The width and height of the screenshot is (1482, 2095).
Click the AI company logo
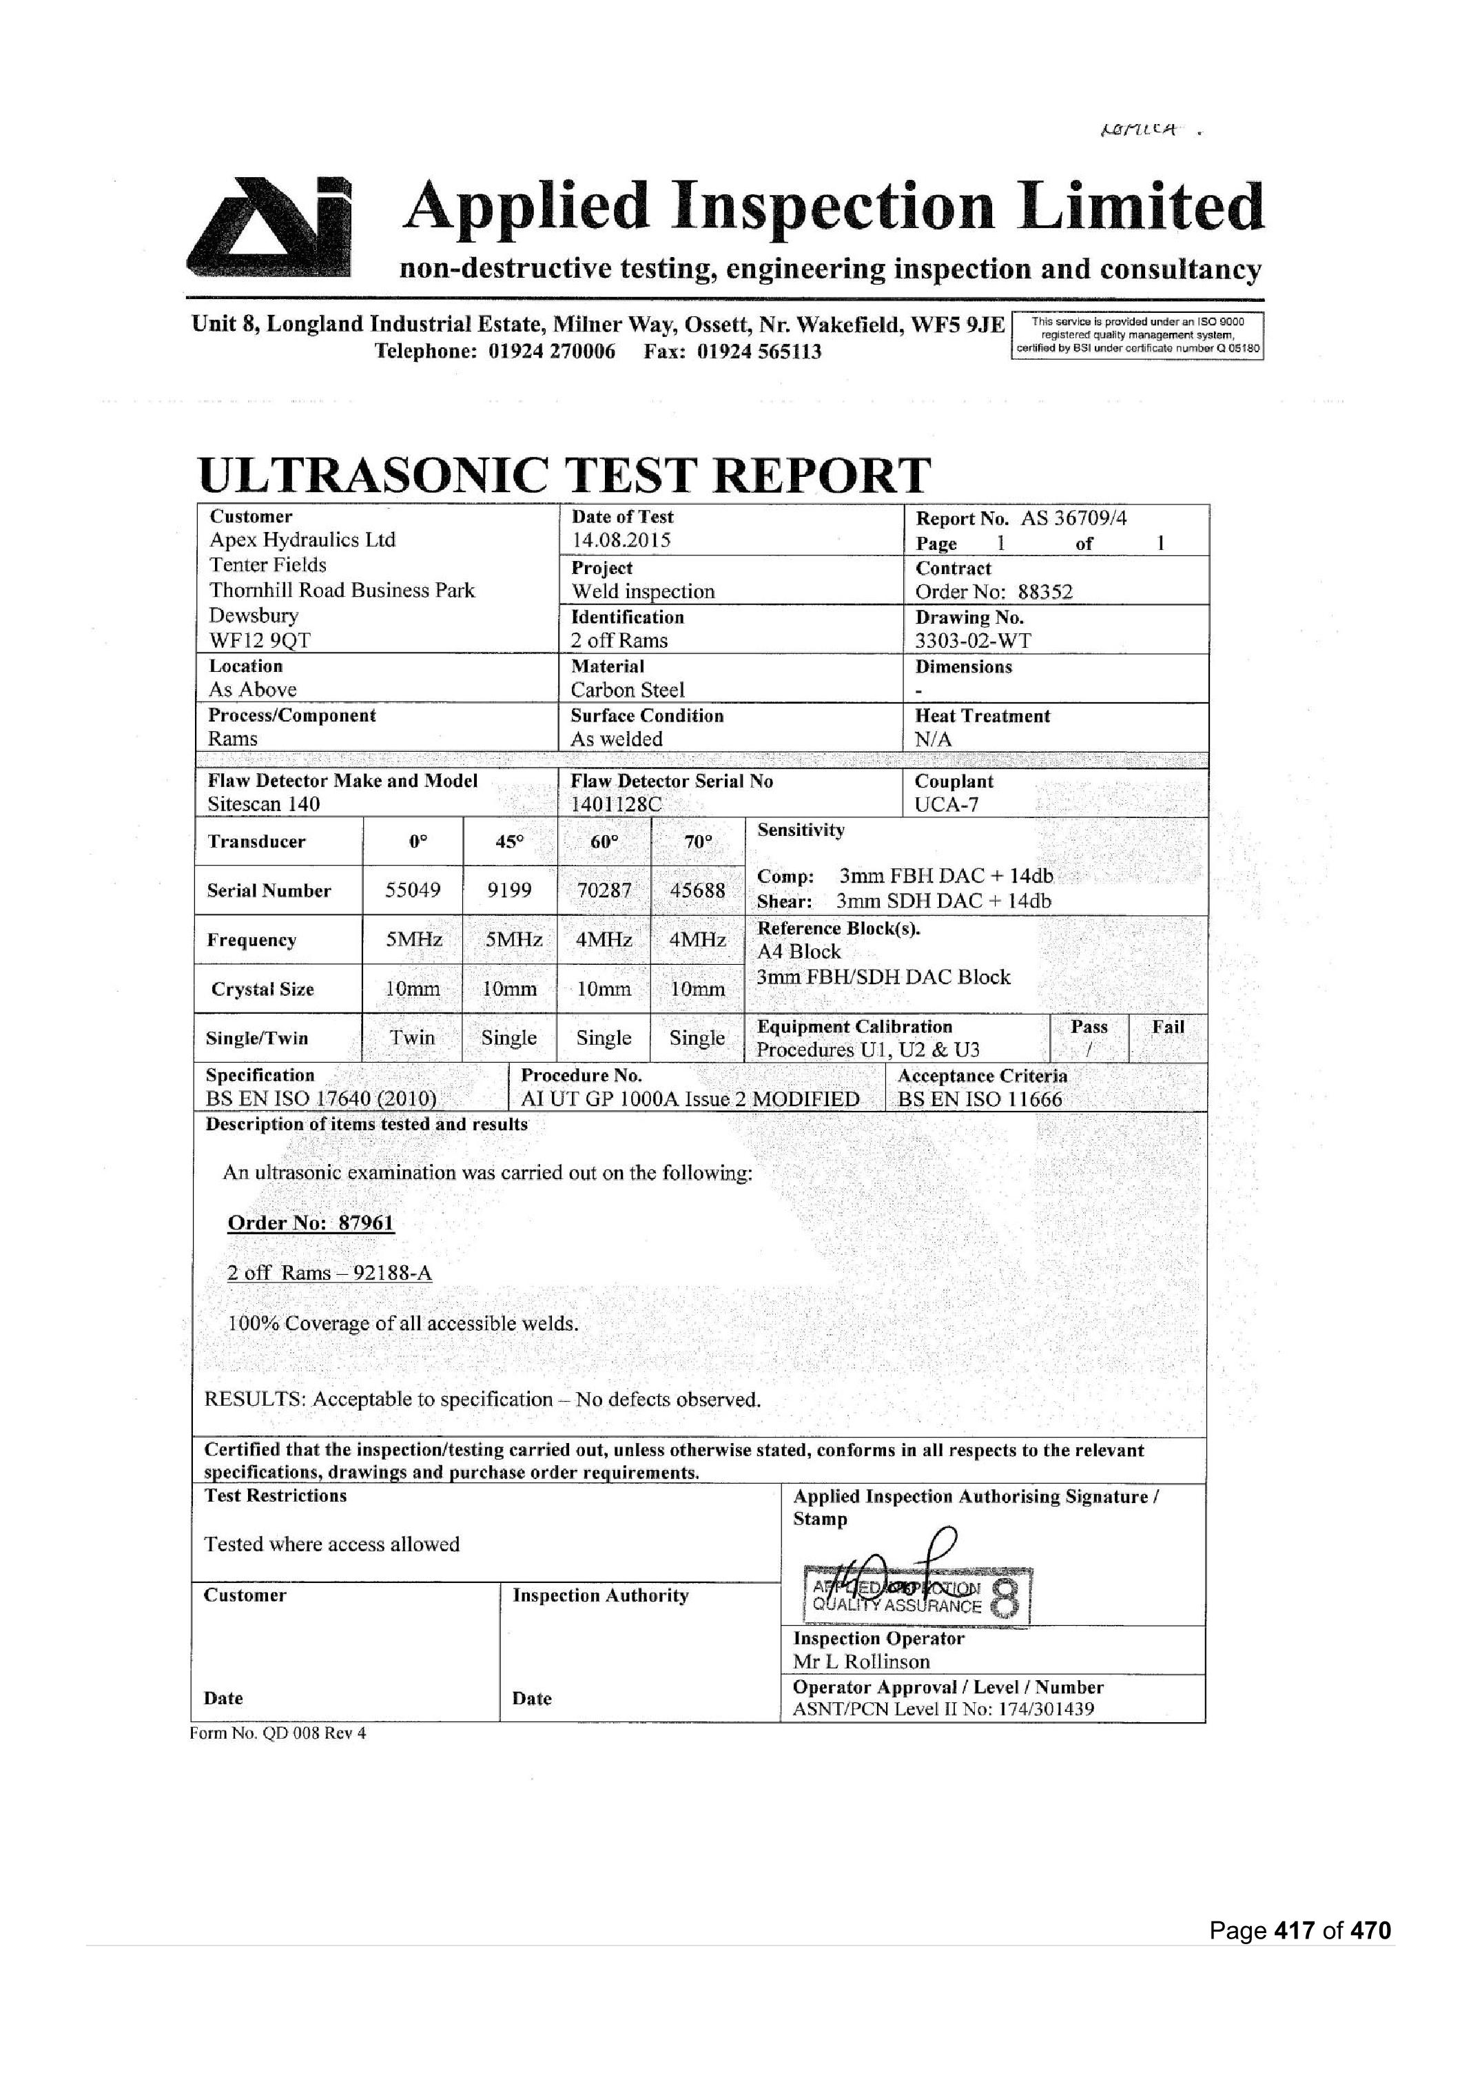pyautogui.click(x=270, y=227)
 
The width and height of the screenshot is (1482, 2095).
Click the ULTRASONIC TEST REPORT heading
pyautogui.click(x=564, y=476)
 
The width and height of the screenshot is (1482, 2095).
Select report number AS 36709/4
pyautogui.click(x=1073, y=518)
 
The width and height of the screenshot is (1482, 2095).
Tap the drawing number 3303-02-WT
pyautogui.click(x=973, y=641)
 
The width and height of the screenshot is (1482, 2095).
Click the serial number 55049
pyautogui.click(x=413, y=890)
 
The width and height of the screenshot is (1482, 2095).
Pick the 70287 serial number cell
pyautogui.click(x=604, y=890)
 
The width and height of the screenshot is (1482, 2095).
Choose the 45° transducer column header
pyautogui.click(x=509, y=841)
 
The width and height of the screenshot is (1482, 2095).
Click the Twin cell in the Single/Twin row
pyautogui.click(x=413, y=1038)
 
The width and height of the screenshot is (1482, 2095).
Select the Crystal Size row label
pyautogui.click(x=263, y=990)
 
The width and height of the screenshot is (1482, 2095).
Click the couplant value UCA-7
pyautogui.click(x=947, y=805)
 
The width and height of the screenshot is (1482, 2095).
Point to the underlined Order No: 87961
pyautogui.click(x=310, y=1223)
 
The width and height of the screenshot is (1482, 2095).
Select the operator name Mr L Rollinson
pyautogui.click(x=861, y=1662)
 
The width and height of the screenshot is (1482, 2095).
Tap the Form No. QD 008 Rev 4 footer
pyautogui.click(x=278, y=1733)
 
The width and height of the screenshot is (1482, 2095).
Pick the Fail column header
pyautogui.click(x=1167, y=1027)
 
